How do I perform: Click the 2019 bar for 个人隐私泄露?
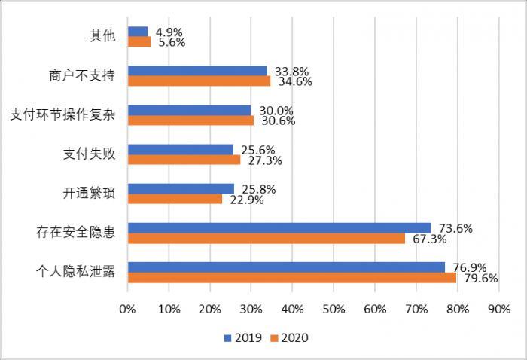[286, 267]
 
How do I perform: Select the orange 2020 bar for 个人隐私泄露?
[292, 277]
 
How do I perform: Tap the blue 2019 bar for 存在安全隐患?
[279, 227]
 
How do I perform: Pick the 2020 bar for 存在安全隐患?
[267, 238]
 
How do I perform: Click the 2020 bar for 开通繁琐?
[175, 199]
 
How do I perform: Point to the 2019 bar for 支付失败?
[181, 149]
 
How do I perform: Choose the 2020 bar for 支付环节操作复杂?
[190, 121]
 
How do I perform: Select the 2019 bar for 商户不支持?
[197, 71]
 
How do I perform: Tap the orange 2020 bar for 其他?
[139, 42]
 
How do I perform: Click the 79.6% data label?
[477, 278]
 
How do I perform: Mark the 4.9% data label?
[169, 32]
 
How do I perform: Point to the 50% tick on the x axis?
[334, 309]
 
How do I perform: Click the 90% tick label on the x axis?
[499, 309]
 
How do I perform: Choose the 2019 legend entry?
[243, 338]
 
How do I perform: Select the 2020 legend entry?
[290, 338]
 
